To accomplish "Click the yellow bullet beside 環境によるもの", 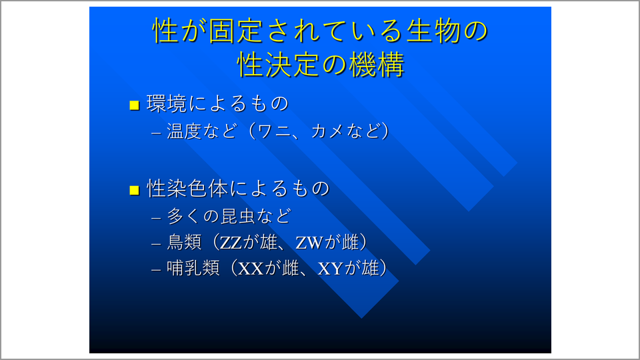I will click(x=134, y=105).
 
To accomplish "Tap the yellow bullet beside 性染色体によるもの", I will click(x=134, y=190).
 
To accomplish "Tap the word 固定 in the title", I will click(x=236, y=31).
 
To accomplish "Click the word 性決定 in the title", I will click(x=279, y=65).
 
